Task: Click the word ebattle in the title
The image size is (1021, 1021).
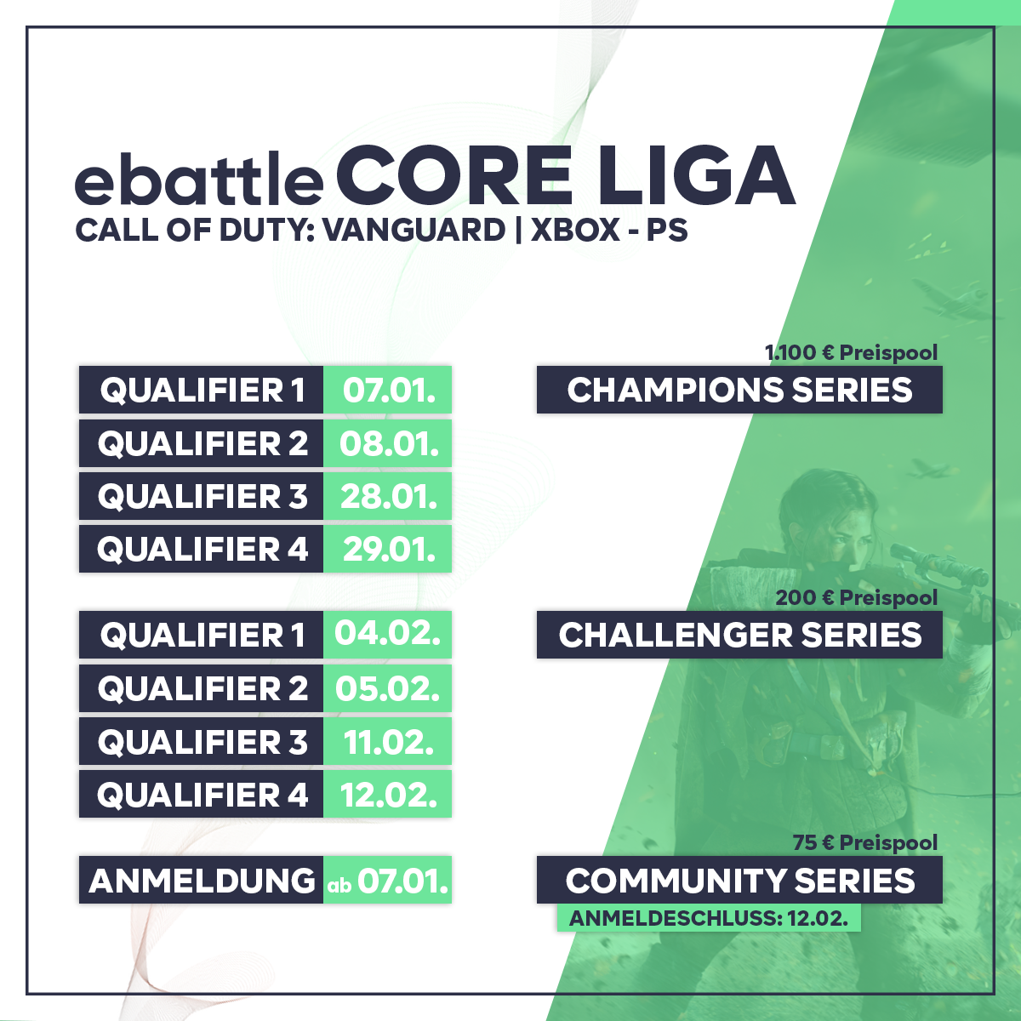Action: (199, 180)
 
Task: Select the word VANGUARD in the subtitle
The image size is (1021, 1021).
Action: (414, 231)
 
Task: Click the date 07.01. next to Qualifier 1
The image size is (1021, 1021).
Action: (388, 391)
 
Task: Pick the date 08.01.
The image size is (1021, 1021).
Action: (388, 443)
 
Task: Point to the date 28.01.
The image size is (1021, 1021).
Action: (388, 496)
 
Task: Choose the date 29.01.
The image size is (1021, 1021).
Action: (388, 549)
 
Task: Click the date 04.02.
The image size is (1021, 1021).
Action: (388, 634)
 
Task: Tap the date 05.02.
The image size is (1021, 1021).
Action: (388, 688)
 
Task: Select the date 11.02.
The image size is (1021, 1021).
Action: (388, 742)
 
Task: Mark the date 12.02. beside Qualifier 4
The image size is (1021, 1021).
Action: (388, 795)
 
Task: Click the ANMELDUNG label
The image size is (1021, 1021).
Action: (202, 880)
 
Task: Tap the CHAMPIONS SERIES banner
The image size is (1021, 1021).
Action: (739, 391)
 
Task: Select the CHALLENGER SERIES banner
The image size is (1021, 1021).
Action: (739, 636)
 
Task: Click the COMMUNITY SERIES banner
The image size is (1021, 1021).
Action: (739, 881)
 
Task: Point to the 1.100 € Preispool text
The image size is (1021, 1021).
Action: (851, 352)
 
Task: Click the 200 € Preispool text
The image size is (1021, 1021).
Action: (856, 597)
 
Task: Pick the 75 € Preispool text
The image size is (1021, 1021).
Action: (864, 842)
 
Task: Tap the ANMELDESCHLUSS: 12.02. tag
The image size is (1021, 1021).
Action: (708, 918)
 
